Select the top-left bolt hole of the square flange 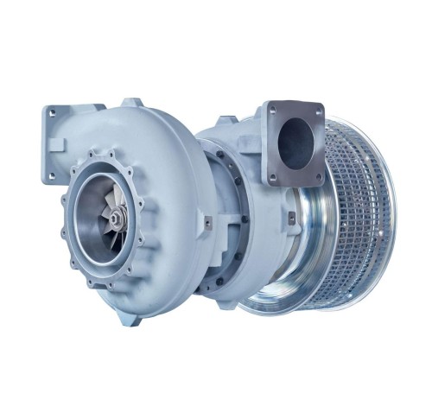[270, 109]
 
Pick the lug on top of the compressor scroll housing [131, 103]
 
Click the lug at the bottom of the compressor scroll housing [135, 319]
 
